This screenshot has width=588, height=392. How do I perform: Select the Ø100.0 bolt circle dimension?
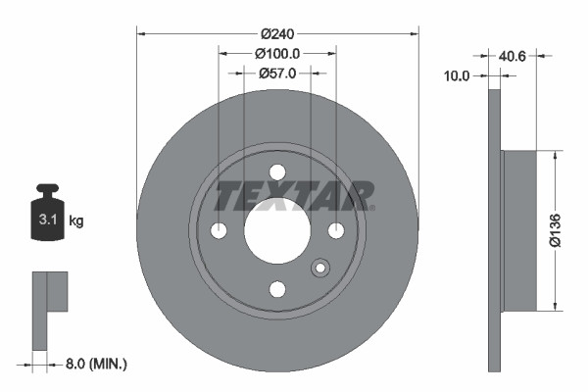pos(277,53)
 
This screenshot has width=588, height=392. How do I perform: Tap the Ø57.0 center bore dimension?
pos(277,73)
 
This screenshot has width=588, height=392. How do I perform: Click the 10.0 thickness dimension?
pos(458,74)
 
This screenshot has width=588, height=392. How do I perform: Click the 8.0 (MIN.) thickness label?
pos(95,364)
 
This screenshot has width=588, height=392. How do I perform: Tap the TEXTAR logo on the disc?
pos(294,196)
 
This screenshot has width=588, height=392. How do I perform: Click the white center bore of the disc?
pos(277,230)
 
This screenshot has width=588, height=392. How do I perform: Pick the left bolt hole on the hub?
pos(219,230)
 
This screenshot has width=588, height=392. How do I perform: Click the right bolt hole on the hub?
pos(336,230)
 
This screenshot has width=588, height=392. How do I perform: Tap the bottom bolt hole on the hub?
pos(277,289)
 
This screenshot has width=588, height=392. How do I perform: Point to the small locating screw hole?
pos(318,269)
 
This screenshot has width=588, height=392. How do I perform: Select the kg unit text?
pos(75,221)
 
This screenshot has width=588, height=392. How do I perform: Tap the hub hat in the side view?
pos(519,231)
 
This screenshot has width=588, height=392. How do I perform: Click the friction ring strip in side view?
pos(494,231)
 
